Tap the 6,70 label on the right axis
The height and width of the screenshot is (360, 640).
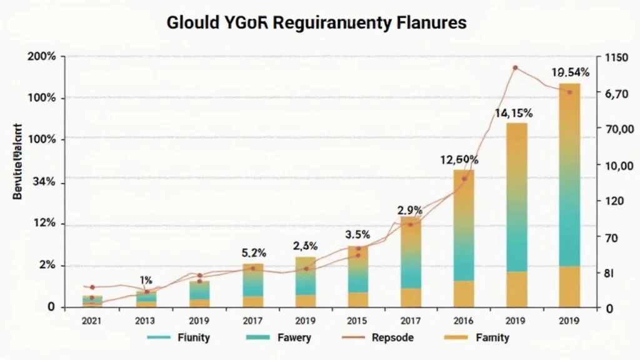[612, 94]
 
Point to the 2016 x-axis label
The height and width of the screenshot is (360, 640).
[464, 321]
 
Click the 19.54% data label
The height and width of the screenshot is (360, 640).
[570, 72]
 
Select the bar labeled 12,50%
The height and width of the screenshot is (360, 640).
[463, 237]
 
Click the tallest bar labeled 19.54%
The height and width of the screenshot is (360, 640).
[569, 194]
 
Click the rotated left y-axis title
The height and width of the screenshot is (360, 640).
[17, 161]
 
